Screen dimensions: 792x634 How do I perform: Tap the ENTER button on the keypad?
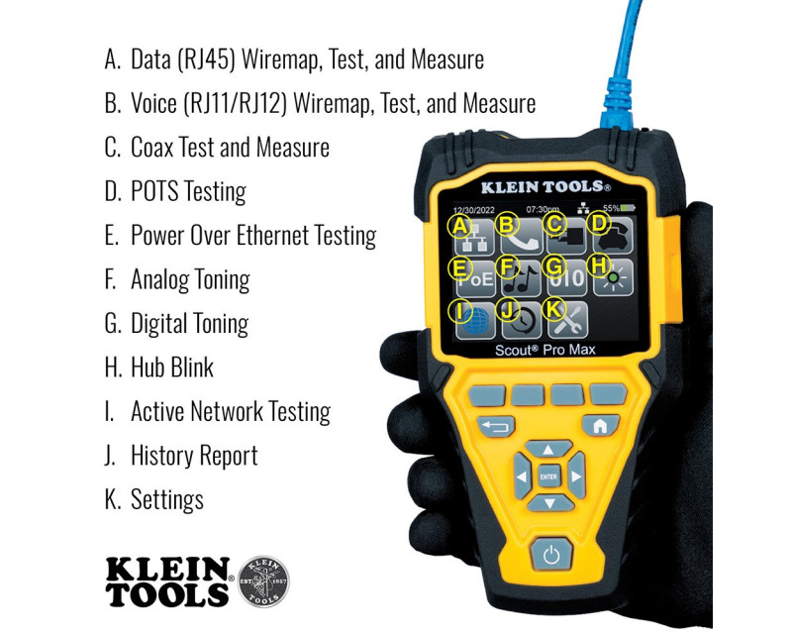(548, 476)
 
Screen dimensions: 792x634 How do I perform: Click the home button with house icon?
(600, 426)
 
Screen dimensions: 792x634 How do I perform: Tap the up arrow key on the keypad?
(548, 449)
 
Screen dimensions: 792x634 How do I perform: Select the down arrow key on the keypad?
(549, 503)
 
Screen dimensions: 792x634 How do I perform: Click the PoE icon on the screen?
(475, 278)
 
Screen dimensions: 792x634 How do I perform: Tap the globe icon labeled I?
(475, 321)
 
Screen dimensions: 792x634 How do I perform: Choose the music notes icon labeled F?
(521, 278)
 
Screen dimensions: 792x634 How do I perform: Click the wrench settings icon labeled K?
(567, 321)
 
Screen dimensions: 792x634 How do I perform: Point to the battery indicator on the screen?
(627, 208)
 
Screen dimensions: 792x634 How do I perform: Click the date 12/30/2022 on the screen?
(473, 210)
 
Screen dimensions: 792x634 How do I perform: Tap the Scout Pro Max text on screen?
(545, 350)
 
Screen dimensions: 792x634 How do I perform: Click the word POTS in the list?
(154, 191)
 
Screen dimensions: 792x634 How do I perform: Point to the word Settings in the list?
(167, 499)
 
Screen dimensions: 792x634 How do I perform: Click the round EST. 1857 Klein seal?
(263, 581)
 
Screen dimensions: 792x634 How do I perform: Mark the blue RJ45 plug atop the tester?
(616, 104)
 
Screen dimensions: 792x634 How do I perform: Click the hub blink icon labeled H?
(613, 278)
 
